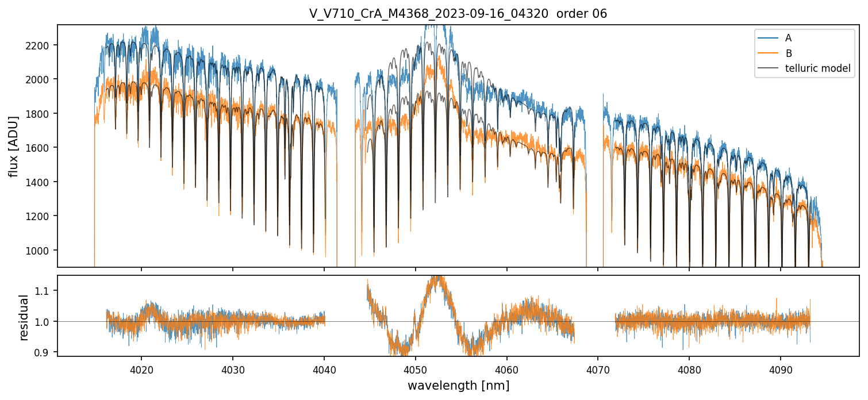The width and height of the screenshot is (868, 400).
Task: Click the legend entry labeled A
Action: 788,38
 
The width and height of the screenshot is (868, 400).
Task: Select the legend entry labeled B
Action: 788,53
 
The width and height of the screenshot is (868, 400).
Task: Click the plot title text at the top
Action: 458,14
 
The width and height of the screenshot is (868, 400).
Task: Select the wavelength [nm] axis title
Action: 458,385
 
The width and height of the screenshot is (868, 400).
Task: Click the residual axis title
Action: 24,317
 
